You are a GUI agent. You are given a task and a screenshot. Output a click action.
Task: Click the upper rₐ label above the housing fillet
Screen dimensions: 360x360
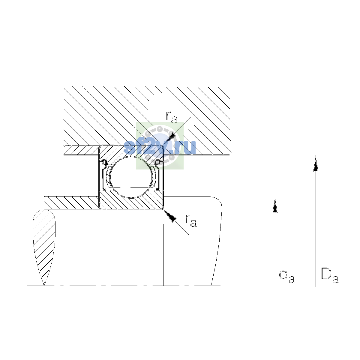172,117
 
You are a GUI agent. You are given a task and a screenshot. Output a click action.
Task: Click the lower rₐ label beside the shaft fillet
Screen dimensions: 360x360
191,220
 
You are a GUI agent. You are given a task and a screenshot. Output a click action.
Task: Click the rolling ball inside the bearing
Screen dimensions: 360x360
131,177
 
